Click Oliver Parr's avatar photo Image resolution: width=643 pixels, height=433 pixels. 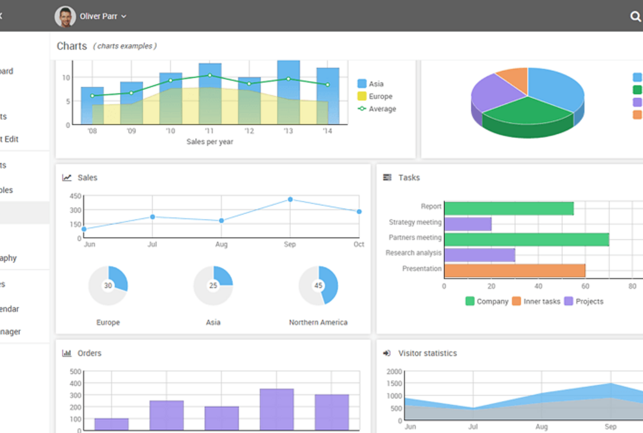pos(65,16)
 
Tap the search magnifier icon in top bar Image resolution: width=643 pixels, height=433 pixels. pos(635,17)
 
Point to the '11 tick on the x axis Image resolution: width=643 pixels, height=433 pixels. pos(209,131)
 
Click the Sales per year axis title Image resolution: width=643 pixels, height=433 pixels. pos(210,142)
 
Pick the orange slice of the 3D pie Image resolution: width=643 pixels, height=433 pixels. pos(513,79)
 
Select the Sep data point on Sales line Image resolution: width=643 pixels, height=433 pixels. pos(290,200)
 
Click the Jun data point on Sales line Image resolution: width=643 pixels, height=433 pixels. pos(84,229)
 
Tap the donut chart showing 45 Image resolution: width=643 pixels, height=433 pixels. pos(318,285)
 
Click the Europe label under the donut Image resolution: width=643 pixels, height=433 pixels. pos(108,322)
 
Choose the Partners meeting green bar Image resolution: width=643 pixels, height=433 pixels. pos(526,239)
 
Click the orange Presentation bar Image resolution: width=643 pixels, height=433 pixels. pos(514,270)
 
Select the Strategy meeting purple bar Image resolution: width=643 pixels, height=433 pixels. pos(467,224)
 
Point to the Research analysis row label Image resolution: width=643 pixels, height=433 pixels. pos(413,253)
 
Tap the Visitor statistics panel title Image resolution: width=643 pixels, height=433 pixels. pos(427,353)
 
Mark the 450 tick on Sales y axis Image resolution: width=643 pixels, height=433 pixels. pos(75,196)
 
